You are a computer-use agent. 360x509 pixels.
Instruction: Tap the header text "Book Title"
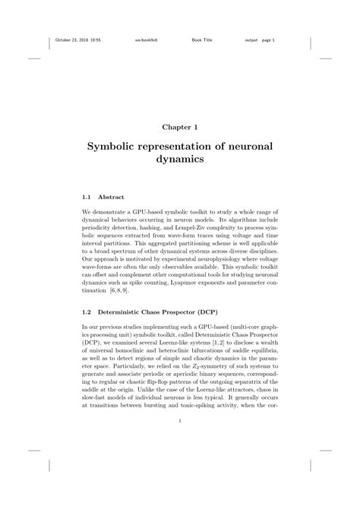click(201, 40)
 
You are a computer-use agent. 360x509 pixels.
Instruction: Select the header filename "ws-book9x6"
click(147, 40)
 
